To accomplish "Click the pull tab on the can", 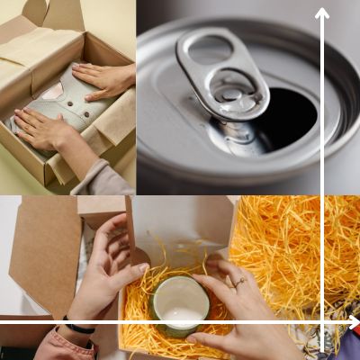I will click(220, 76).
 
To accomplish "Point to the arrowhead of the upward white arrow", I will click(322, 13).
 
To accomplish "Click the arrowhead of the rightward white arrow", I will click(353, 322).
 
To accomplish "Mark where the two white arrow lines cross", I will click(322, 322).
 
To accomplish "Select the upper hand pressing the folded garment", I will click(103, 79).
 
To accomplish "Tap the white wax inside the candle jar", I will click(180, 313).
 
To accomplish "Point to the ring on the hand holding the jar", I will click(239, 282).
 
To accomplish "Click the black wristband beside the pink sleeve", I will click(78, 328).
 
